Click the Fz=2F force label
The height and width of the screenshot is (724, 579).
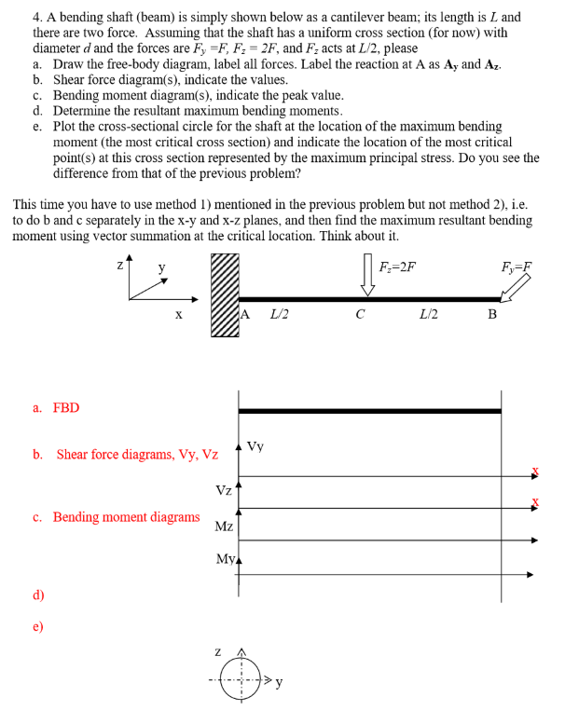tap(398, 267)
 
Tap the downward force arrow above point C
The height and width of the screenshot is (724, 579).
tap(367, 279)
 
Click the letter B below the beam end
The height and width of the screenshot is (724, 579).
tap(493, 314)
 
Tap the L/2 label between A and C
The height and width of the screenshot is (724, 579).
tap(279, 314)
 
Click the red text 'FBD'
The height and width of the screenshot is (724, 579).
tap(66, 407)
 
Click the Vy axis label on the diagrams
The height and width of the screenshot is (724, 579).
tap(255, 446)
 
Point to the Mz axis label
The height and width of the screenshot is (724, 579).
tap(224, 526)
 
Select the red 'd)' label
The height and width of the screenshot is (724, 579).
tap(38, 594)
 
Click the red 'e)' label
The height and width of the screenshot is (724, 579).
tap(38, 626)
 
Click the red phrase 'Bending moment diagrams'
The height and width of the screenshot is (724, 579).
tap(126, 516)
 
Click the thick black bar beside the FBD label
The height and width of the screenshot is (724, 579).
tap(369, 410)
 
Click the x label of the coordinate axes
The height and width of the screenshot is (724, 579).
tap(177, 314)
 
